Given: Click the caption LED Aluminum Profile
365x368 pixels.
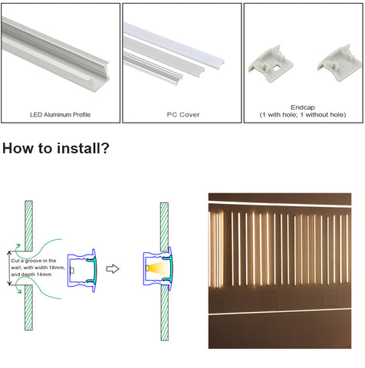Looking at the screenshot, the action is [61, 114].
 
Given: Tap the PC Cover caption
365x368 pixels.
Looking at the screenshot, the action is [183, 114].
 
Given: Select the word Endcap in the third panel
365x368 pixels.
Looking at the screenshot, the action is [303, 107].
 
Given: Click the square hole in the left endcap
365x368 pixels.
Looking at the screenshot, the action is [276, 67].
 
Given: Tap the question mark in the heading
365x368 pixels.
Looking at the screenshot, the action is [104, 148].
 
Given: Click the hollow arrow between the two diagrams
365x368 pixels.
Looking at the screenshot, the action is [113, 269].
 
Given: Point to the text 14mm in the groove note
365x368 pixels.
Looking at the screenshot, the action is [44, 274].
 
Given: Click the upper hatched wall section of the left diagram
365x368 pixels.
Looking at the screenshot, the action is [28, 225].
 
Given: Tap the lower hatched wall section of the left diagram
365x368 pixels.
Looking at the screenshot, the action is [28, 307].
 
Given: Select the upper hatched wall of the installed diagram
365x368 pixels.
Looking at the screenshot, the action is [164, 227].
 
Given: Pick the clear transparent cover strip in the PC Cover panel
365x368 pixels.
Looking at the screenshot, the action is [153, 68].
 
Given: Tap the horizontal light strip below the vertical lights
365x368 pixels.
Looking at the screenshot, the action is [280, 311].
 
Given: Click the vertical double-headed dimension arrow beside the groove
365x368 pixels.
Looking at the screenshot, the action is [9, 268].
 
